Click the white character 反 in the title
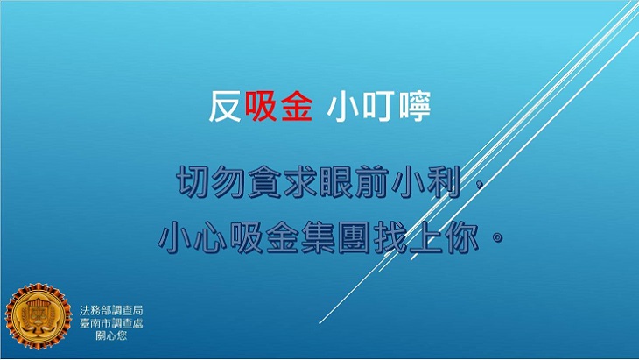coord(225,106)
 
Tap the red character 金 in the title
coord(296,106)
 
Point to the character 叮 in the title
coord(379,107)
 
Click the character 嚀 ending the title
coord(414,107)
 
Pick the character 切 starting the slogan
coord(193,182)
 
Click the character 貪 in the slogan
coord(265,182)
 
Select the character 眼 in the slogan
coord(337,182)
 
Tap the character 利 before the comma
coord(444,182)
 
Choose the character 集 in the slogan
coord(319,236)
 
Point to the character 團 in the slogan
coord(355,236)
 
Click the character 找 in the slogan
coord(390,236)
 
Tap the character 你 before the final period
coord(461,236)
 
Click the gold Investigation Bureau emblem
coord(39,317)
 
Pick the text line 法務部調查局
coord(111,310)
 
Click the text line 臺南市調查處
coord(111,323)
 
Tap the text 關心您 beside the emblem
coord(111,335)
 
